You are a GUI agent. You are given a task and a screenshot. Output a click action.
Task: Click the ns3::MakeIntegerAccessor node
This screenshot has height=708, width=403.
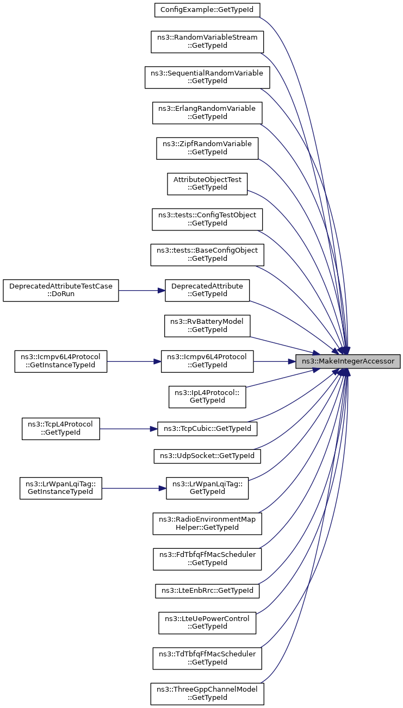click(x=348, y=361)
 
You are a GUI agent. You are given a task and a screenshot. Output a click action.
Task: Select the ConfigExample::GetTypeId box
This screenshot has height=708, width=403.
click(x=207, y=10)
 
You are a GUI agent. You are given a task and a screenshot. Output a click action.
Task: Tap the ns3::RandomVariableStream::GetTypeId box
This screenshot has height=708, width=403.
click(x=207, y=42)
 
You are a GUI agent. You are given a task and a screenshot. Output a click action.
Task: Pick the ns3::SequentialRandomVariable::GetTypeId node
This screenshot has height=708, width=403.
click(x=207, y=77)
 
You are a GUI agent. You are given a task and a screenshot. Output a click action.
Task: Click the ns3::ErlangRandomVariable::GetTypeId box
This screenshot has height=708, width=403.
click(x=207, y=113)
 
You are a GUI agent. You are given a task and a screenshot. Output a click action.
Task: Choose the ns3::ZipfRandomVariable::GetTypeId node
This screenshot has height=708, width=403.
click(x=207, y=148)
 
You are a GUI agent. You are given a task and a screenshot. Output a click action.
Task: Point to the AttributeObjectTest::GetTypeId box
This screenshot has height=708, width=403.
click(x=207, y=184)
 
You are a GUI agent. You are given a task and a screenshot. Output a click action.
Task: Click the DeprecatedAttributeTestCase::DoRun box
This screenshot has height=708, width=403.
click(x=61, y=290)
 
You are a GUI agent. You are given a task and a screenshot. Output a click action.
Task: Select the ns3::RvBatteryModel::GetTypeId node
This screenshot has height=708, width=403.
click(x=207, y=325)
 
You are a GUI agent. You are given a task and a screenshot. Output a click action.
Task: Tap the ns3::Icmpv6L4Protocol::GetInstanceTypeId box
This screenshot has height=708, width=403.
click(x=61, y=361)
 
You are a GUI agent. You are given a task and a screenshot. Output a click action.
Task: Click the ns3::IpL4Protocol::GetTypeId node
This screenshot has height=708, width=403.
click(x=207, y=397)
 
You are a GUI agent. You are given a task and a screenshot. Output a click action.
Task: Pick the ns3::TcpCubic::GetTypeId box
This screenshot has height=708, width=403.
click(x=207, y=429)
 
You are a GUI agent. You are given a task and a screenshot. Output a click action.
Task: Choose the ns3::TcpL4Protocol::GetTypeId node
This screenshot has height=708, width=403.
click(x=61, y=429)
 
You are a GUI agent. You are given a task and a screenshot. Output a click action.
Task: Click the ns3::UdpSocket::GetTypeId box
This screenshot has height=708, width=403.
click(x=207, y=456)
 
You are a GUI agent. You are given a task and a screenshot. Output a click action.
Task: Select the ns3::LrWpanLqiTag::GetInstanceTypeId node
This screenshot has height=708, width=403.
click(x=61, y=488)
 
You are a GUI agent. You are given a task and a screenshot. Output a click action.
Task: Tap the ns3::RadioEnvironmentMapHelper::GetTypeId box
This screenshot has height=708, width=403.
click(x=207, y=523)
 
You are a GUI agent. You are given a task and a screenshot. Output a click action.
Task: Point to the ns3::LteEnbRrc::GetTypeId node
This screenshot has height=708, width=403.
click(x=207, y=591)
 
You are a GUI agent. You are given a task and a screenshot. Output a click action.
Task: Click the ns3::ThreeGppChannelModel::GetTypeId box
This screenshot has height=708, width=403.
click(x=207, y=693)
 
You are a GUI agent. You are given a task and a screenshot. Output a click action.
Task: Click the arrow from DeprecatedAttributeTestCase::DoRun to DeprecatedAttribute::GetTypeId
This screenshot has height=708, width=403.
click(x=142, y=291)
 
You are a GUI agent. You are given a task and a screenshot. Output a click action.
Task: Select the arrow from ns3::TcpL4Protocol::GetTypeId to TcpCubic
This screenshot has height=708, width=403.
click(x=128, y=429)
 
